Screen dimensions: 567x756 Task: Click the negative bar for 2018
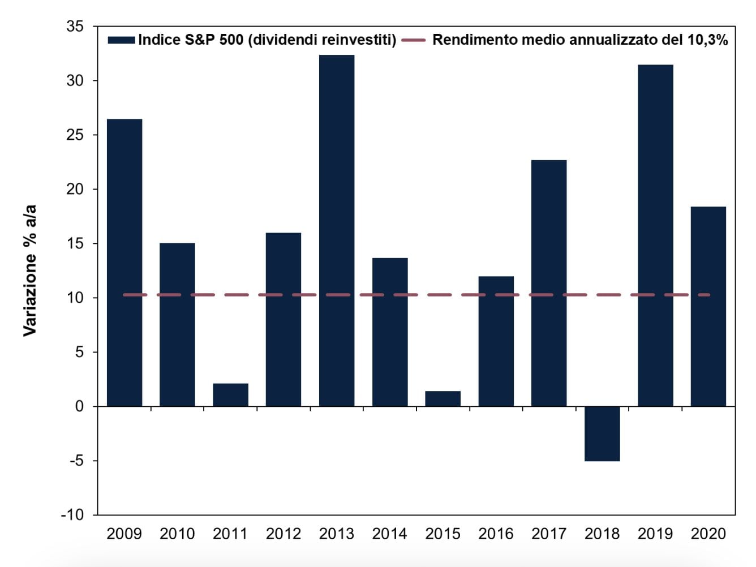pyautogui.click(x=602, y=433)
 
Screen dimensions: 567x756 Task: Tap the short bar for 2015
pyautogui.click(x=443, y=398)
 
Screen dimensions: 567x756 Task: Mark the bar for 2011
pyautogui.click(x=230, y=395)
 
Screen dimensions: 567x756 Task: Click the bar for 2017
pyautogui.click(x=549, y=283)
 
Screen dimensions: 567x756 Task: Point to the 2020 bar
pyautogui.click(x=708, y=306)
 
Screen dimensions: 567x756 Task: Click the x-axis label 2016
pyautogui.click(x=496, y=534)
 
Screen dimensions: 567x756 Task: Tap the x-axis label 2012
pyautogui.click(x=283, y=534)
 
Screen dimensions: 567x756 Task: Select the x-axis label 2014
pyautogui.click(x=389, y=534)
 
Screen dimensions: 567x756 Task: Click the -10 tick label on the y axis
pyautogui.click(x=72, y=515)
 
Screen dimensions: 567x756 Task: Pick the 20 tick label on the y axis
pyautogui.click(x=75, y=189)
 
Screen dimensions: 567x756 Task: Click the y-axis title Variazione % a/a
pyautogui.click(x=29, y=270)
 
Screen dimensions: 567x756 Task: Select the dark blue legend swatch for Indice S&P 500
pyautogui.click(x=121, y=40)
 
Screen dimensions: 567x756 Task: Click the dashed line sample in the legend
pyautogui.click(x=413, y=40)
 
